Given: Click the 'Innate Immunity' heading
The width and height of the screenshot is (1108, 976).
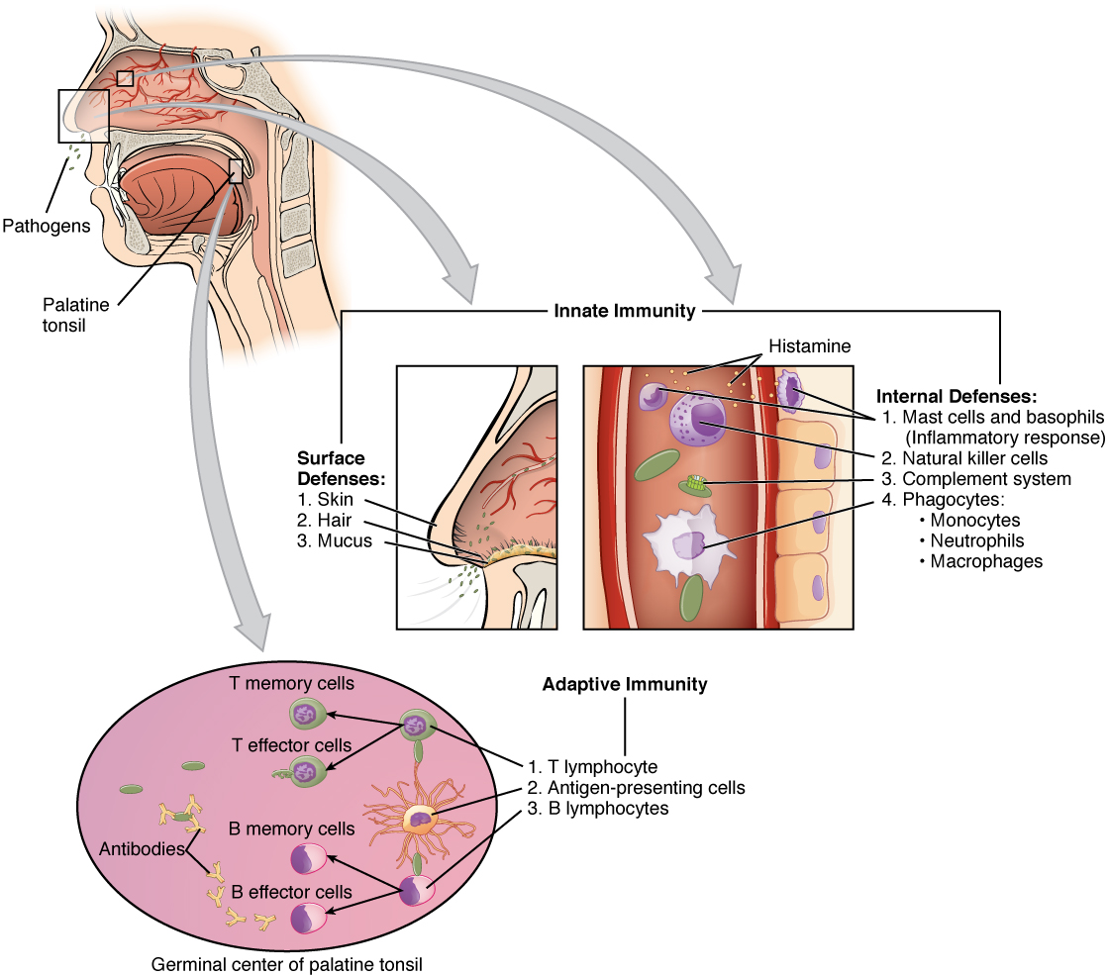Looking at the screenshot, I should coord(624,311).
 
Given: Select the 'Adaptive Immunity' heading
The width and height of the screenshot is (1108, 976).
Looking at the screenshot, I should coord(624,684).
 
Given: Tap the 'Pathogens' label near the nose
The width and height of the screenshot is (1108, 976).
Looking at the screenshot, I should coord(46,225).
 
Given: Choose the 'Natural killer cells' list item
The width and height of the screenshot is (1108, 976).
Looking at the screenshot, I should coord(974,458).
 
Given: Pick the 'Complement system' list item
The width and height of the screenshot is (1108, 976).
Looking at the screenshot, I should coord(986,479).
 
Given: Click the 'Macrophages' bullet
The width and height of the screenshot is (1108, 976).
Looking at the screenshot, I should coord(979,561).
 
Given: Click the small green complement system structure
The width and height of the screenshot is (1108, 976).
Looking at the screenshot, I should coord(697,485).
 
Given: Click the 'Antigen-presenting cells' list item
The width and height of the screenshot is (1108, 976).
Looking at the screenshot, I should coord(636,788).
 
